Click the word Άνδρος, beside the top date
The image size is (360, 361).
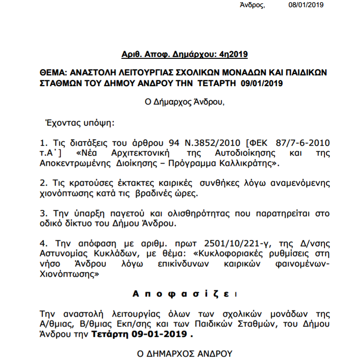point(252,5)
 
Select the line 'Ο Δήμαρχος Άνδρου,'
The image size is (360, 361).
point(184,101)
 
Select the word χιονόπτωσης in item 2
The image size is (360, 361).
point(62,194)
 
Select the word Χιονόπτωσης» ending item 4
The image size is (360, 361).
point(69,274)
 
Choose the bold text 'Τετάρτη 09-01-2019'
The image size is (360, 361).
point(140,335)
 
